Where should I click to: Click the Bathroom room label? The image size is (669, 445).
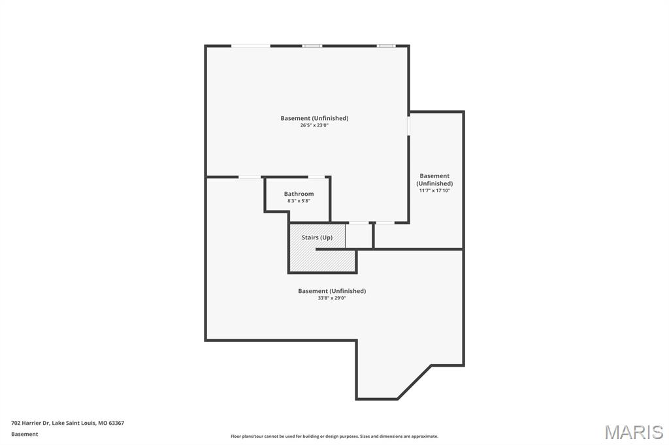[299, 194]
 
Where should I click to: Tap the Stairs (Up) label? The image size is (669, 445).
[317, 238]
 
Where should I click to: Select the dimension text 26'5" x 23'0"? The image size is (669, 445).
[314, 125]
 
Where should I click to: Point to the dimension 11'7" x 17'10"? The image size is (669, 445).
[434, 191]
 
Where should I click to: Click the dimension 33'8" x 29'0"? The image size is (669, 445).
[331, 298]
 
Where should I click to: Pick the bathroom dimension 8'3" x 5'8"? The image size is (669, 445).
[299, 201]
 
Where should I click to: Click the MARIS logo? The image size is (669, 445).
[633, 432]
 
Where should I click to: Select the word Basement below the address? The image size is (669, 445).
[25, 434]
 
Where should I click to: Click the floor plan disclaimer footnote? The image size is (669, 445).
[334, 437]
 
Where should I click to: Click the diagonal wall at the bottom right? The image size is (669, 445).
[414, 382]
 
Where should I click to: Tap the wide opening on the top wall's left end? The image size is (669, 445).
[251, 46]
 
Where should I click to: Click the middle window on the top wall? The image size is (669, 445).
[312, 46]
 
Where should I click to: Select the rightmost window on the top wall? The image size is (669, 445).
[386, 46]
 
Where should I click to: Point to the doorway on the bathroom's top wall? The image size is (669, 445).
[316, 176]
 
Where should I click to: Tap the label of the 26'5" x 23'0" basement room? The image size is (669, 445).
[314, 118]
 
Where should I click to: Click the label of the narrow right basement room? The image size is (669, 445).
[434, 179]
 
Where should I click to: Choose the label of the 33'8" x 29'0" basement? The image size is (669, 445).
[331, 291]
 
